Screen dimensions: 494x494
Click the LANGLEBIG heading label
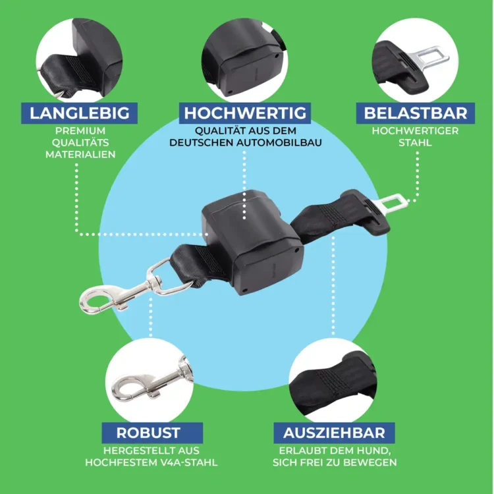tap(80, 113)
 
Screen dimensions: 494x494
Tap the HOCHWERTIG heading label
tap(245, 113)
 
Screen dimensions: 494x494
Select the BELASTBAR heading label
tap(415, 113)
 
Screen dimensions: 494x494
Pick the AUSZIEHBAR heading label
tap(334, 433)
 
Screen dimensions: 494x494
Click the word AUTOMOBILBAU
tap(279, 142)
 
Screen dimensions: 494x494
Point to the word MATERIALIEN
tap(80, 154)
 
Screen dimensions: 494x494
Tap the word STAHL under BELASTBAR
tap(415, 142)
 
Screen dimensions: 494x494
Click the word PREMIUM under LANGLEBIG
tap(80, 130)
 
